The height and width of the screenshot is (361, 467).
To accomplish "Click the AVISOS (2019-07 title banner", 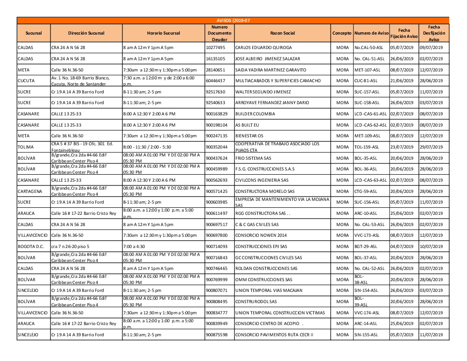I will pos(233,21).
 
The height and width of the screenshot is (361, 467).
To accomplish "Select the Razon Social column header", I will pos(283,33).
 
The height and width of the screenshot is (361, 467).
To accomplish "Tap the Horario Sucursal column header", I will pos(163,33).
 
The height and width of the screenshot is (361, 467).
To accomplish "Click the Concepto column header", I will pos(342,33).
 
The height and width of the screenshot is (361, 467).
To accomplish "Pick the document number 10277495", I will pos(216,48).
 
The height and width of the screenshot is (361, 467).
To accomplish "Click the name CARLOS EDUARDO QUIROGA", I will pos(263,48).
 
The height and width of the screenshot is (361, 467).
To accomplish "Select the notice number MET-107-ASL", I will pos(367,70).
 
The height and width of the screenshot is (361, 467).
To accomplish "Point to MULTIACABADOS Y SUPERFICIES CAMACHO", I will pos(278,81).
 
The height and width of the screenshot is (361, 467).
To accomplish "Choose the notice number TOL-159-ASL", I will pos(367,147).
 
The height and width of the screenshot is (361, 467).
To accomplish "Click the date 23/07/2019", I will pos(402,147).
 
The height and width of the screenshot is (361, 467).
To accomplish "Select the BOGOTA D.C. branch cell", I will pos(30,246).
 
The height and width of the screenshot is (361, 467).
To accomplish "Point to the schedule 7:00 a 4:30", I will pos(134,246).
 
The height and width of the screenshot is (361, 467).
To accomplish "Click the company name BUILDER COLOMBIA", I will pos(255,114).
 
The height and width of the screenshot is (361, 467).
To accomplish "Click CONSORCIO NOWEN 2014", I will pos(261,235).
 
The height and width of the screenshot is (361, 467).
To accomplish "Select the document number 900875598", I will pos(217,334).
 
